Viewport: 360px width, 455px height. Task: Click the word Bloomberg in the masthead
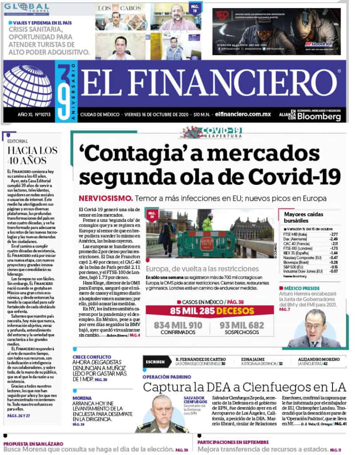pos(319,117)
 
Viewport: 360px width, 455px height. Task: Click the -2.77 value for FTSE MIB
pos(332,234)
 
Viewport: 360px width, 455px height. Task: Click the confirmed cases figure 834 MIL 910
pos(178,325)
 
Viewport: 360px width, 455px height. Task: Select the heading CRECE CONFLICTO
pos(92,357)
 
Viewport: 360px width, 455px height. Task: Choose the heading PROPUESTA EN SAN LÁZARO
pos(33,443)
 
